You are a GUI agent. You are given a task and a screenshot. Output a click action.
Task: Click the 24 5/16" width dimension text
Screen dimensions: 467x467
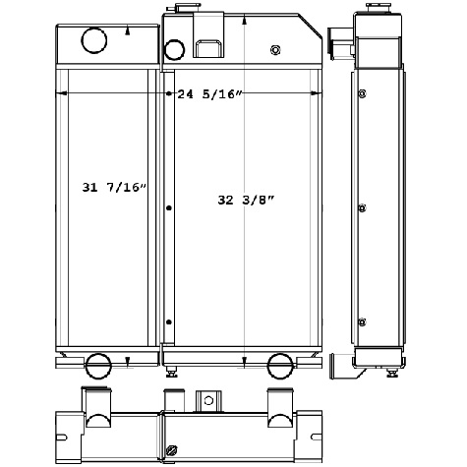[209, 95]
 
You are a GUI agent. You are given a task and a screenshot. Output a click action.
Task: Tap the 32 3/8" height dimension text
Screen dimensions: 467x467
[246, 200]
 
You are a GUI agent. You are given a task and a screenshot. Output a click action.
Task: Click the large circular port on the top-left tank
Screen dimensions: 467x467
[93, 40]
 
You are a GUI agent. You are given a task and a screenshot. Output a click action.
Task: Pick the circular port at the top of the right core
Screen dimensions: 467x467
[174, 49]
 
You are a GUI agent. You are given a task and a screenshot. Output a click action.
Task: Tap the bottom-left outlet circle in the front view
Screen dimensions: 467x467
[99, 365]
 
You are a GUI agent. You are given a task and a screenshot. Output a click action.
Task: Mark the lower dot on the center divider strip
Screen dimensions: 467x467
[169, 323]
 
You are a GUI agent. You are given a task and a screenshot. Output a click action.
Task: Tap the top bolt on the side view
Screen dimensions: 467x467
[363, 94]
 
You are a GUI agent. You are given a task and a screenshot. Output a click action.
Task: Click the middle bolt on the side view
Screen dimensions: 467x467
[363, 208]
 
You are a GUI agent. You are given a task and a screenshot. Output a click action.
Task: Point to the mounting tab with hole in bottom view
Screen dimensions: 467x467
[208, 402]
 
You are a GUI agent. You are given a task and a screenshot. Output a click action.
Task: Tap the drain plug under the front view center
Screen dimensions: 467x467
[173, 371]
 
